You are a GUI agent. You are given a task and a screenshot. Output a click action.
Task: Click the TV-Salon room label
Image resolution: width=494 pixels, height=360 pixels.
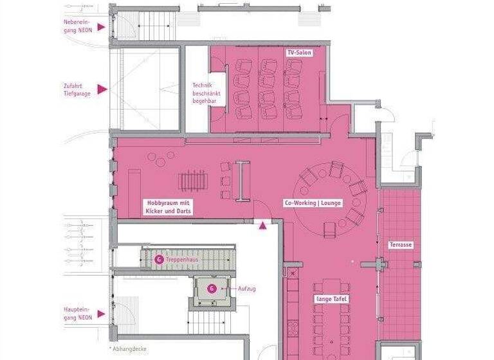[299, 52]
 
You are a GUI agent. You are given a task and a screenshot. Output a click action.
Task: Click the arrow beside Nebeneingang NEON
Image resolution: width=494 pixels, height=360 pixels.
[101, 27]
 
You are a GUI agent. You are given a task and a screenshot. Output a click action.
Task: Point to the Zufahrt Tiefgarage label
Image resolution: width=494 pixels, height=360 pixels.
[77, 89]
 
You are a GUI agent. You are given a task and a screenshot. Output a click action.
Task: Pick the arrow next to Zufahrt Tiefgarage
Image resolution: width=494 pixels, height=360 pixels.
[101, 89]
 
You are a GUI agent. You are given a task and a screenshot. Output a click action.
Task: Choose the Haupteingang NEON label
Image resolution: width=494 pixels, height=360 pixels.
[77, 312]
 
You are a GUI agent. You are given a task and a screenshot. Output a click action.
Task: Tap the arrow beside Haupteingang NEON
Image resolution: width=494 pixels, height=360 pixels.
[101, 315]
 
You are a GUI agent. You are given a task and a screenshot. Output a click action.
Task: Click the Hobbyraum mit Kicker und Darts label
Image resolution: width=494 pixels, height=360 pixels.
[165, 206]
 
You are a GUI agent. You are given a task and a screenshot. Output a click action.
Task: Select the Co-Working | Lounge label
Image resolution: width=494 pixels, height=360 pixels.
[313, 203]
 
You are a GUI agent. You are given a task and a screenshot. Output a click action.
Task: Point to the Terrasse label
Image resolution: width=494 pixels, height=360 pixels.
[400, 245]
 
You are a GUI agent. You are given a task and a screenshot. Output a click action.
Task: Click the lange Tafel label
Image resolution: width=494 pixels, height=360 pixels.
[332, 300]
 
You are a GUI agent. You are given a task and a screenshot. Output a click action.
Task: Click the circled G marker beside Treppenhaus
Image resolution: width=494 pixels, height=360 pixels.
[159, 260]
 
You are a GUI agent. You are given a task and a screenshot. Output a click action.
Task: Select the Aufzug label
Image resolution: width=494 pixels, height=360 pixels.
[247, 289]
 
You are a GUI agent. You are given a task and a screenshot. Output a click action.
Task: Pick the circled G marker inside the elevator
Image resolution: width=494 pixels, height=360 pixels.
[211, 289]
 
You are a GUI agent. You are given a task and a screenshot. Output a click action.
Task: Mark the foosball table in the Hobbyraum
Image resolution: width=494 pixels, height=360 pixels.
[192, 181]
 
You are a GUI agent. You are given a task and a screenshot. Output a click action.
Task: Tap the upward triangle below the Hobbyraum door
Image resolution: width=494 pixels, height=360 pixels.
[262, 224]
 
